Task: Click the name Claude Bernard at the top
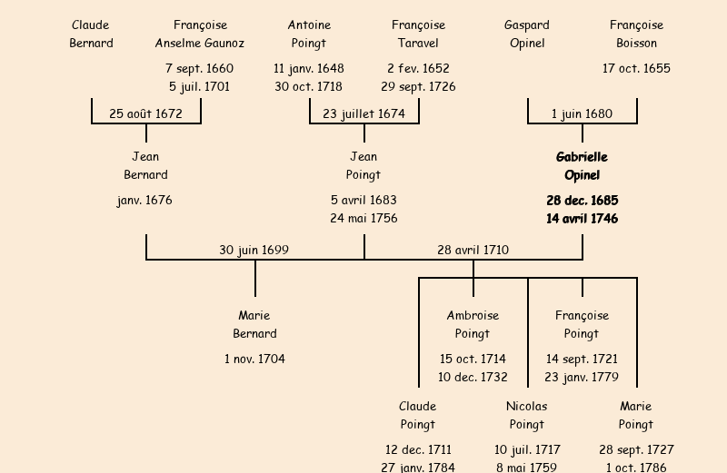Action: (91, 34)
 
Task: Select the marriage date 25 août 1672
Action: (145, 114)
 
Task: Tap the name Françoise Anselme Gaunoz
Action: (200, 34)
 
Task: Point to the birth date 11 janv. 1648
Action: (309, 69)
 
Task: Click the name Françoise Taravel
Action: (418, 34)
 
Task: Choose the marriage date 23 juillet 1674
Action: (363, 114)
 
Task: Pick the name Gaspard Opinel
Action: (527, 34)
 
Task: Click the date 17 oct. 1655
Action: (636, 69)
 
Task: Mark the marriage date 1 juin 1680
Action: (582, 114)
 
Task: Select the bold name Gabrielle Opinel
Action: (582, 166)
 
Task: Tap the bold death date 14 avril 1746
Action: (582, 219)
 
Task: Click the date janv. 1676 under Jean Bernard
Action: (144, 201)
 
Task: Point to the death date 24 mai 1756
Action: (363, 219)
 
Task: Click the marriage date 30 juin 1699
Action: (254, 251)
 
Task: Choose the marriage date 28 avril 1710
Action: (473, 251)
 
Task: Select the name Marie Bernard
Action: (254, 325)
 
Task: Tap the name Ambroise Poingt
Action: (473, 325)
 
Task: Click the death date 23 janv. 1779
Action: (582, 378)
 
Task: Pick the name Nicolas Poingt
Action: (527, 416)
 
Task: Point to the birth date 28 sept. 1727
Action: (636, 450)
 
